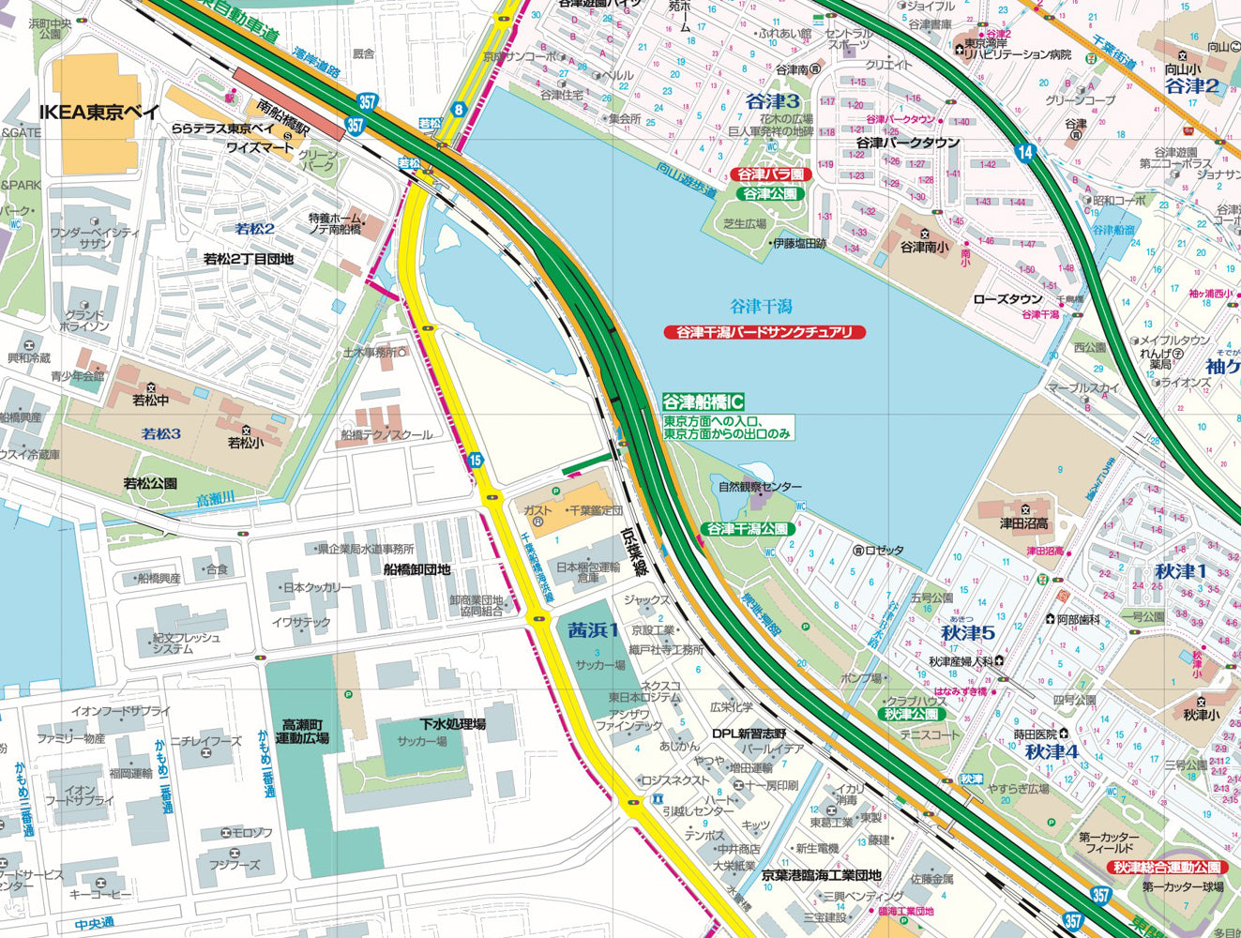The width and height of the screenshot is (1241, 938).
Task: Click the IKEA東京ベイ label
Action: tap(99, 112)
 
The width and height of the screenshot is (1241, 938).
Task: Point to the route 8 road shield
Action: tap(458, 109)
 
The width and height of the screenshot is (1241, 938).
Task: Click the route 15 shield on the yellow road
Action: tap(476, 460)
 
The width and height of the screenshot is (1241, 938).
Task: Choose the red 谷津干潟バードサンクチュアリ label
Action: tap(764, 332)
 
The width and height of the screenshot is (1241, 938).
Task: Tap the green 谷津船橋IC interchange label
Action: tap(704, 401)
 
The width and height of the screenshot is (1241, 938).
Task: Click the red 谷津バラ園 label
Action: tap(770, 174)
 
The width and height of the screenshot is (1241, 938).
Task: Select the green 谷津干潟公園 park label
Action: tap(748, 529)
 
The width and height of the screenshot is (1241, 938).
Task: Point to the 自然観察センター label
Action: tap(760, 487)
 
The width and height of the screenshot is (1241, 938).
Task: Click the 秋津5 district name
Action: tap(967, 633)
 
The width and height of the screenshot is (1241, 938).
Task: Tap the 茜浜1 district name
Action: tap(594, 630)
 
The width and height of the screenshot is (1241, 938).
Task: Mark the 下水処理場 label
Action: tap(452, 724)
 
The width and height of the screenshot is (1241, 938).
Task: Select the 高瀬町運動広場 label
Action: tap(306, 732)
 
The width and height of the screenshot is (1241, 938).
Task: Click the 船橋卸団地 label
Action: tap(416, 569)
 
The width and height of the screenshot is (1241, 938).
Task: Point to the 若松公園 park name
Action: tap(150, 484)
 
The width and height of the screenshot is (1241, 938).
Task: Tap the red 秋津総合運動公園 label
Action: tap(1168, 868)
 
